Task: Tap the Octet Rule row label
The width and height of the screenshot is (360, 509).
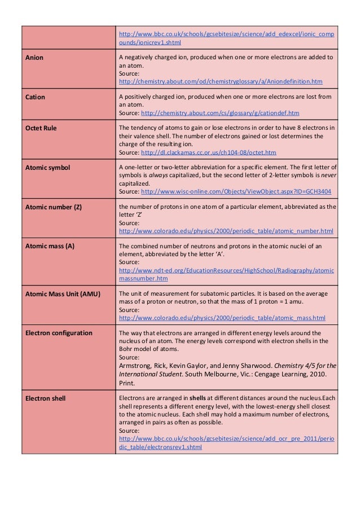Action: [41, 128]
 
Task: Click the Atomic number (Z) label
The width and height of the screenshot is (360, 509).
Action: [54, 207]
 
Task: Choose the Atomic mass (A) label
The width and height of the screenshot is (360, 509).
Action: [50, 247]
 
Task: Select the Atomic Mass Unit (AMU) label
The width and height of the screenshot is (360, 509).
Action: [62, 293]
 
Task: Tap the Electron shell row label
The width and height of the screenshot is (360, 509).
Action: [45, 398]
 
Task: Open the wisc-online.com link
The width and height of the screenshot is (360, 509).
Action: [236, 192]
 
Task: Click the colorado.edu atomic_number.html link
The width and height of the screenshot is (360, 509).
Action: [226, 231]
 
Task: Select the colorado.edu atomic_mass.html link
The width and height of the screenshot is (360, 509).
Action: [222, 318]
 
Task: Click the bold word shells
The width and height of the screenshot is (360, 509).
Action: [197, 398]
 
